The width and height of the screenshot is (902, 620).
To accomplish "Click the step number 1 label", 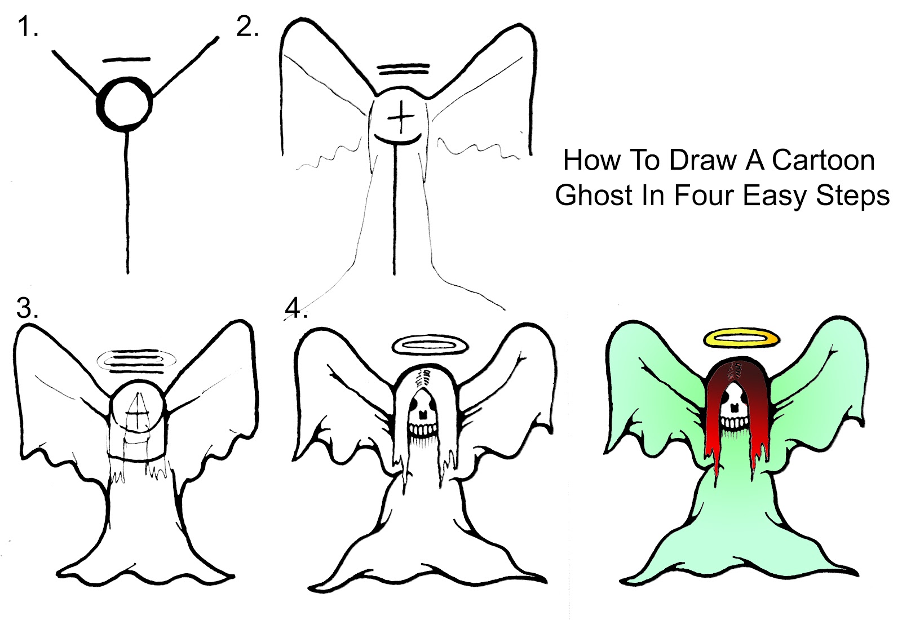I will click(27, 26).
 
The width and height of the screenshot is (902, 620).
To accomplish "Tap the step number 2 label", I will click(247, 26).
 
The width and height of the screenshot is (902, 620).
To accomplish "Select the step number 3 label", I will click(27, 308).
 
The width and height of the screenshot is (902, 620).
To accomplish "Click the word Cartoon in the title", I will click(823, 160).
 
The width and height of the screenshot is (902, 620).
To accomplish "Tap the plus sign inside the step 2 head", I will click(401, 117).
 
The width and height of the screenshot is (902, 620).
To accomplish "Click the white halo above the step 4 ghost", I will click(430, 344).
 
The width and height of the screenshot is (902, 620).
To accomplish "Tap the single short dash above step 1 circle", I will click(127, 59).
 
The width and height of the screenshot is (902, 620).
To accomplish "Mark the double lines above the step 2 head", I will click(404, 69).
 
